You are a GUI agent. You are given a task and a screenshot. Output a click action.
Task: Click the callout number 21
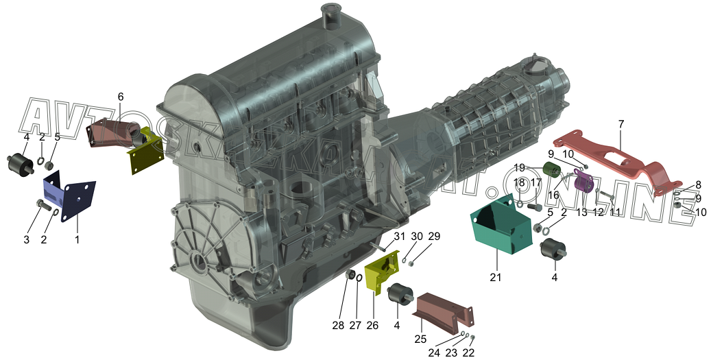tap(496, 276)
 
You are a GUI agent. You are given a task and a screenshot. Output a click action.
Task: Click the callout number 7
tap(620, 124)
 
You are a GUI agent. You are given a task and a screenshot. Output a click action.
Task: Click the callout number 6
tap(120, 97)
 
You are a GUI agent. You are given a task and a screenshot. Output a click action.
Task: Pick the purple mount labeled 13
tap(583, 180)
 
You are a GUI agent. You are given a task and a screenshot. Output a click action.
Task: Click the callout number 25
tap(420, 339)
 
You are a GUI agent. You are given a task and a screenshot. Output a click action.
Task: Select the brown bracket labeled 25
tap(444, 313)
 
